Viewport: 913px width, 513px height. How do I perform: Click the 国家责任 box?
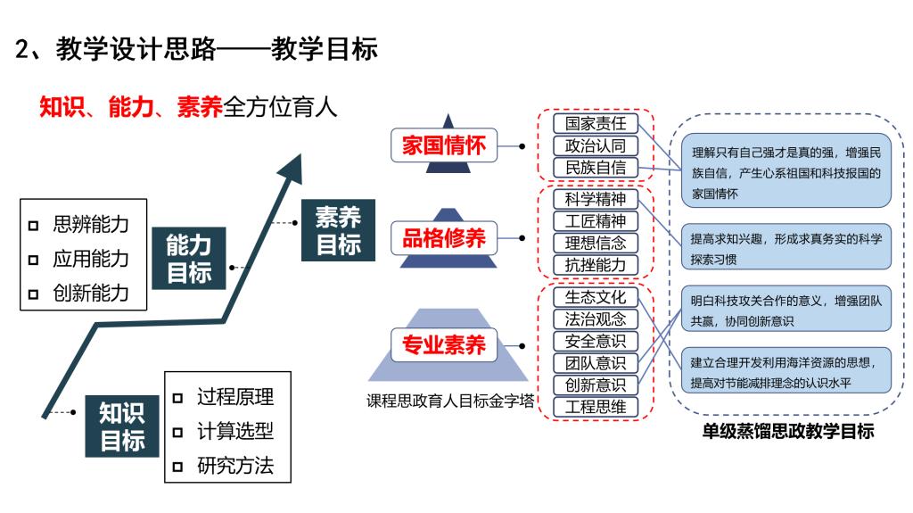point(596,124)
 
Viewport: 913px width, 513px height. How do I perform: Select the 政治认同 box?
point(596,145)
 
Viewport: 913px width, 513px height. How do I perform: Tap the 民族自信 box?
point(596,167)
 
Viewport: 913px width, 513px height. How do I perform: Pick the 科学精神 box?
point(596,199)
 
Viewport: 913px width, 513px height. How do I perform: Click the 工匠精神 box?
point(596,220)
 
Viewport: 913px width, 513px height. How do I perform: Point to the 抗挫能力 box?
point(596,264)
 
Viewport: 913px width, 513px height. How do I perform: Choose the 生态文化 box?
point(596,297)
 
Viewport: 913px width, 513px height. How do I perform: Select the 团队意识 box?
point(596,363)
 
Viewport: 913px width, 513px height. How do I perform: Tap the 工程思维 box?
point(596,407)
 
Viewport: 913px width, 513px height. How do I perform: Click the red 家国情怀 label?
point(443,145)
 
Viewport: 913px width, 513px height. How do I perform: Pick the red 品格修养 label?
point(443,238)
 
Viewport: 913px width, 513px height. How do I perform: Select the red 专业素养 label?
point(443,343)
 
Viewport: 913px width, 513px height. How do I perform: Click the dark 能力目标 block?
point(189,259)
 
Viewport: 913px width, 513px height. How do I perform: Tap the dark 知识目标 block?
point(122,426)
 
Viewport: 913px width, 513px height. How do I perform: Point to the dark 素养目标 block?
point(338,230)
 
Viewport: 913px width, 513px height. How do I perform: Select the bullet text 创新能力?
point(90,293)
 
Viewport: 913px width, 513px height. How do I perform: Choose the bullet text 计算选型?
point(234,431)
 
